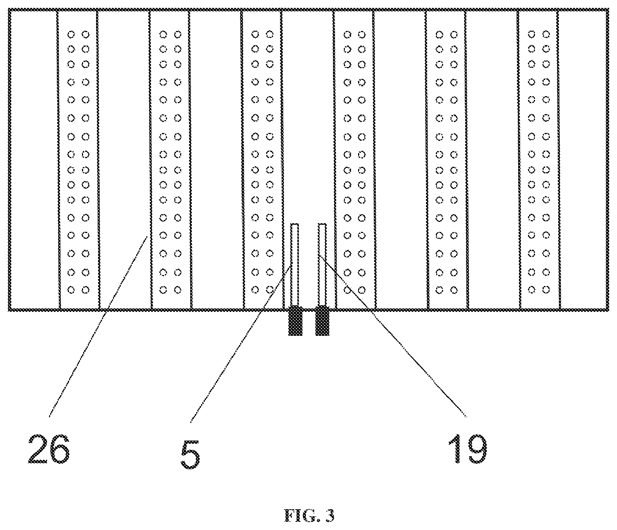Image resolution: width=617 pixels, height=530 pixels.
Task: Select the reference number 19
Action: coord(468,449)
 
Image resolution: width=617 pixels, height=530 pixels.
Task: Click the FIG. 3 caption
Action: coord(309,515)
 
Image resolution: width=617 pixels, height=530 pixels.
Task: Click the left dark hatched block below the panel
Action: coord(295,321)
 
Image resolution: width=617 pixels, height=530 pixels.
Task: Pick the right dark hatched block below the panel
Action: coord(322,321)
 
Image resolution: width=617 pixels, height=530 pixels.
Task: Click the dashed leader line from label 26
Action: coord(98,326)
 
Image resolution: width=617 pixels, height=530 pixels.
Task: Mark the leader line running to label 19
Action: coord(393,335)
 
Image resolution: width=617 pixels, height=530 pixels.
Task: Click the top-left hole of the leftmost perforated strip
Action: coord(71,35)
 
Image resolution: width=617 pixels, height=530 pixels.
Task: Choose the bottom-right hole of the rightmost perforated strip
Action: coord(546,290)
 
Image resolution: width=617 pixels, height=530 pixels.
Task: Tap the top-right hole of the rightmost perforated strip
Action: coord(546,35)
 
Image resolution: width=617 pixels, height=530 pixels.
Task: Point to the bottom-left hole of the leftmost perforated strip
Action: coord(71,290)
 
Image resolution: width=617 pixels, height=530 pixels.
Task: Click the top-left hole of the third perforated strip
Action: coord(255,35)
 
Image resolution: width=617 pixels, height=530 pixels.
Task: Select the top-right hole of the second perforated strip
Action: coord(178,35)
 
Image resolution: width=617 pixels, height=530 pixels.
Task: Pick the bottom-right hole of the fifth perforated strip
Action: coord(454,290)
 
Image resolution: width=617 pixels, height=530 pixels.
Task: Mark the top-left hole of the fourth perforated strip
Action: coord(347,35)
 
